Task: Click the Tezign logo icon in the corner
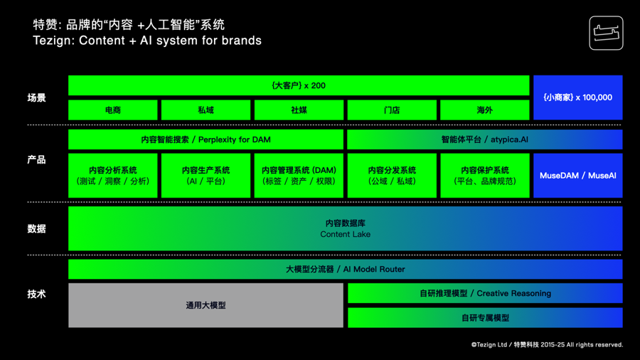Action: click(x=606, y=33)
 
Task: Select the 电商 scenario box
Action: click(x=113, y=110)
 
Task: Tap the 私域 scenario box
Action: click(x=206, y=110)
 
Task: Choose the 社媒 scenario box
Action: click(x=299, y=110)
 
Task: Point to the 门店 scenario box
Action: click(x=392, y=110)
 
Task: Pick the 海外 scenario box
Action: click(x=484, y=110)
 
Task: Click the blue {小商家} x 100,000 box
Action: click(x=577, y=97)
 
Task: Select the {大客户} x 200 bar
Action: click(x=299, y=85)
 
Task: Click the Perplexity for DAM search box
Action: click(x=206, y=139)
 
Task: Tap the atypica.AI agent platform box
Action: click(x=484, y=139)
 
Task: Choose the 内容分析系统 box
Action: click(x=113, y=176)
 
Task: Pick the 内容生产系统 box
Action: click(x=206, y=176)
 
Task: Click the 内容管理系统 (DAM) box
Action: click(x=299, y=176)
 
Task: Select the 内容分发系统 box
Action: click(x=392, y=176)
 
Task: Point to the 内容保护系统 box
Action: click(x=484, y=176)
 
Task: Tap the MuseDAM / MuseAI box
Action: click(x=577, y=176)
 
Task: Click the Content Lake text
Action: click(x=345, y=234)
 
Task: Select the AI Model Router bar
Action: click(x=345, y=269)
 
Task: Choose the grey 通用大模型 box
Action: click(x=206, y=305)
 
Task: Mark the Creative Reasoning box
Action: click(x=484, y=293)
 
